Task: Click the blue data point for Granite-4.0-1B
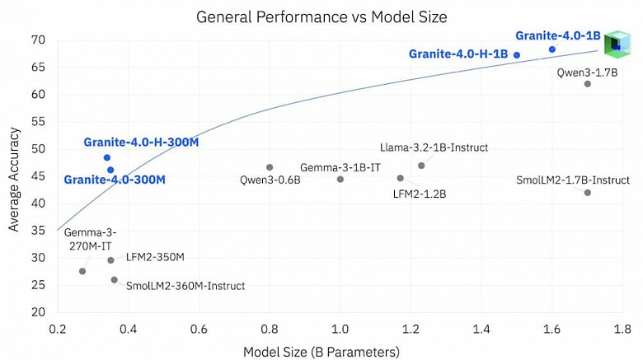pos(552,49)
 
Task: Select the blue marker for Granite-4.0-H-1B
pos(517,55)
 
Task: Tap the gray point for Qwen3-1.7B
pos(588,84)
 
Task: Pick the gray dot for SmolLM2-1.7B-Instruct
pos(588,193)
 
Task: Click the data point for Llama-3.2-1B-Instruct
pos(421,166)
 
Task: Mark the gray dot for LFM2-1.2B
pos(401,178)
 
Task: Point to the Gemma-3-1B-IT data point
pos(340,180)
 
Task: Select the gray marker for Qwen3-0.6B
pos(270,167)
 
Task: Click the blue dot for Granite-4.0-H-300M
pos(107,157)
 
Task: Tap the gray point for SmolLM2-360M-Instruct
pos(115,280)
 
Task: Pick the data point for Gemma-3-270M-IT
pos(82,271)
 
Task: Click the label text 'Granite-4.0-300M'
pos(115,180)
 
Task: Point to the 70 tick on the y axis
pos(38,40)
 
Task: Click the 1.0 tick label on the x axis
pos(340,330)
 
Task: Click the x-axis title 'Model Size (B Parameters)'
pos(321,351)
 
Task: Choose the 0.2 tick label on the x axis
pos(58,330)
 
